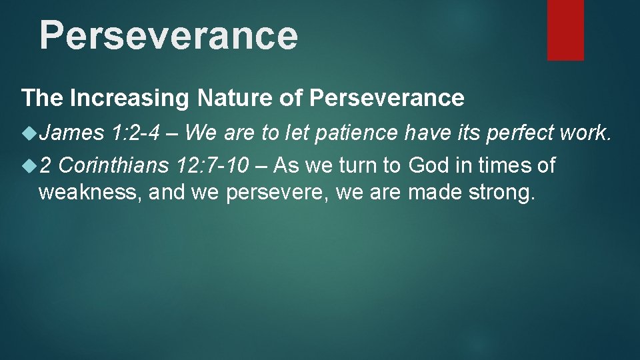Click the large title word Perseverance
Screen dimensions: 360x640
pyautogui.click(x=168, y=36)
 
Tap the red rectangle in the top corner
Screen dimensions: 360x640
pyautogui.click(x=565, y=29)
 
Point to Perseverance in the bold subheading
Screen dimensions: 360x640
pyautogui.click(x=387, y=99)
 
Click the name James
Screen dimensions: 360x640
pyautogui.click(x=71, y=133)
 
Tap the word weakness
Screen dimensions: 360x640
pyautogui.click(x=90, y=193)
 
